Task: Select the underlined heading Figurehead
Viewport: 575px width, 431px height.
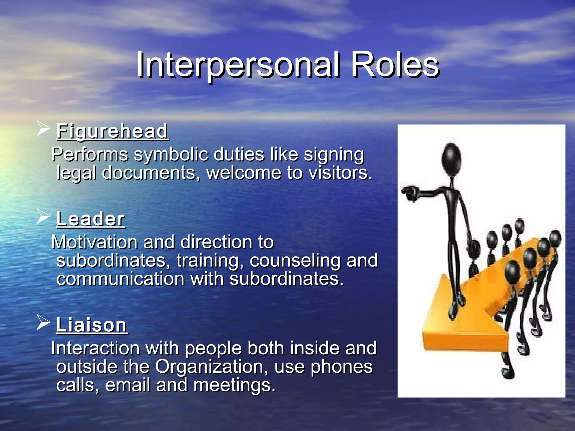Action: point(112,131)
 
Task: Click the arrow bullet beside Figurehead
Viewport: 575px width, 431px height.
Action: point(43,129)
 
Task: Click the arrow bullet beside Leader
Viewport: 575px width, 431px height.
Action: point(43,216)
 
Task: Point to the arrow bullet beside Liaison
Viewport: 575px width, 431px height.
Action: point(43,322)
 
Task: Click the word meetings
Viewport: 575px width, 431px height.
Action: point(234,385)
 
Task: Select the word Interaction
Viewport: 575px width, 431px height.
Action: point(95,348)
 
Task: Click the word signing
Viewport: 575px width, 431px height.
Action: point(334,155)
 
